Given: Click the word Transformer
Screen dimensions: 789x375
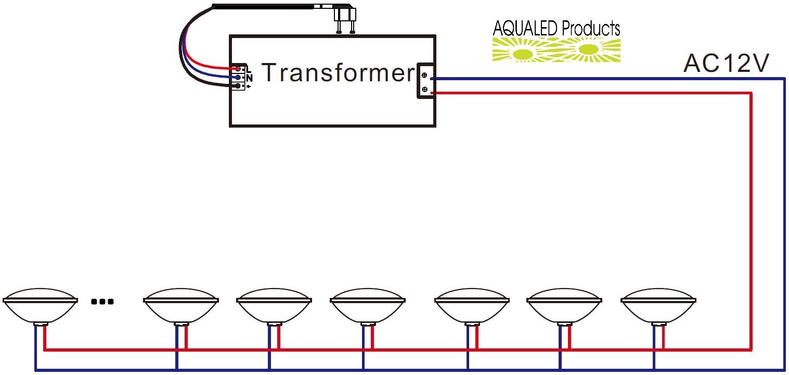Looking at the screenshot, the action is tap(339, 73).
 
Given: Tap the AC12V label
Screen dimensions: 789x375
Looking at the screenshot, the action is tap(726, 64).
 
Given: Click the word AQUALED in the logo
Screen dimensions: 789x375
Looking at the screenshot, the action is tap(525, 28).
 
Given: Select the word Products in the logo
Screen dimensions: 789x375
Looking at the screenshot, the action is tap(591, 28).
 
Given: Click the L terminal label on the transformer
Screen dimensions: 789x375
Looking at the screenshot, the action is tap(249, 69).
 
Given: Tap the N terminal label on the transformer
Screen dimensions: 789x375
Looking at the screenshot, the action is tap(249, 78).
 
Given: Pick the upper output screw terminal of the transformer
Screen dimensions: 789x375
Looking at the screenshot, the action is tap(424, 75).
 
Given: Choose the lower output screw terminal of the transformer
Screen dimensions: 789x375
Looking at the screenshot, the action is tap(424, 90).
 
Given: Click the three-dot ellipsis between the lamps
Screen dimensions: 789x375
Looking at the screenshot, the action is tap(102, 302).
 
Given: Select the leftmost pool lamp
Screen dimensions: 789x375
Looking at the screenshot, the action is tap(40, 307).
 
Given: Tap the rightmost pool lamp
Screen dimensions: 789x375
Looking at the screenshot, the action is tap(658, 307).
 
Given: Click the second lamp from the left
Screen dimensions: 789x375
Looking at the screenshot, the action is tap(181, 307).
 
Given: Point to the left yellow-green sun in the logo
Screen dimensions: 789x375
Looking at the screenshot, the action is tap(523, 54).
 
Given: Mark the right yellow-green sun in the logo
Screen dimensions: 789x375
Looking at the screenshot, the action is tap(588, 49).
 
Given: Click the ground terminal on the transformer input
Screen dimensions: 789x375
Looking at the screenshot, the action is tap(238, 86).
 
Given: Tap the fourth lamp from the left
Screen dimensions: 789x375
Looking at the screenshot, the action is tap(368, 307).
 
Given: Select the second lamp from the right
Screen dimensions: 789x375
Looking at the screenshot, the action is tap(564, 307).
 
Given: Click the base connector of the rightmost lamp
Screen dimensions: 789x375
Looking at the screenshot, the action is tap(658, 324).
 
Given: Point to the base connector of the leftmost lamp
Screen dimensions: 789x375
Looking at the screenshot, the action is tap(41, 324).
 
